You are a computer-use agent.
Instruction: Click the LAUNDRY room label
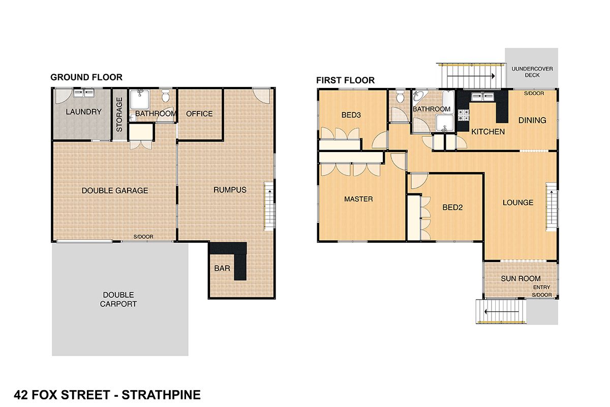tap(83, 112)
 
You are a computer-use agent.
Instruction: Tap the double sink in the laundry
tap(83, 93)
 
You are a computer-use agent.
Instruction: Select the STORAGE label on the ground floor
tap(119, 115)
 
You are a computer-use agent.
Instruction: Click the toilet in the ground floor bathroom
tap(165, 95)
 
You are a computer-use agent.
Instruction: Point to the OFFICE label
tap(199, 113)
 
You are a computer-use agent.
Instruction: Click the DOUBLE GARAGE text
tap(115, 191)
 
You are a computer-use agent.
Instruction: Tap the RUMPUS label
tap(230, 190)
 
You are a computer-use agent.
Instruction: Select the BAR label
tap(222, 269)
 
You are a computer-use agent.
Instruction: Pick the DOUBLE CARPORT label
tap(118, 299)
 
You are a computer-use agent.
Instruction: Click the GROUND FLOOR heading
tap(86, 77)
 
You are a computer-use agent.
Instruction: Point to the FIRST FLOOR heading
tap(345, 80)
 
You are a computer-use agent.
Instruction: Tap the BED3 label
tap(351, 115)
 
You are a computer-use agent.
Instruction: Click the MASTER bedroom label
tap(358, 199)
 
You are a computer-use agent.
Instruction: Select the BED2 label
tap(452, 208)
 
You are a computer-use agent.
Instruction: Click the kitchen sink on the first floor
tap(482, 97)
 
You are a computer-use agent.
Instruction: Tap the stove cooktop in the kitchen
tap(463, 115)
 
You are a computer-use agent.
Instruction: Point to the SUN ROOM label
tap(521, 279)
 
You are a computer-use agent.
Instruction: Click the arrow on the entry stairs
tap(502, 311)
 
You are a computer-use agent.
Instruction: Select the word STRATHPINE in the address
tap(161, 395)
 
